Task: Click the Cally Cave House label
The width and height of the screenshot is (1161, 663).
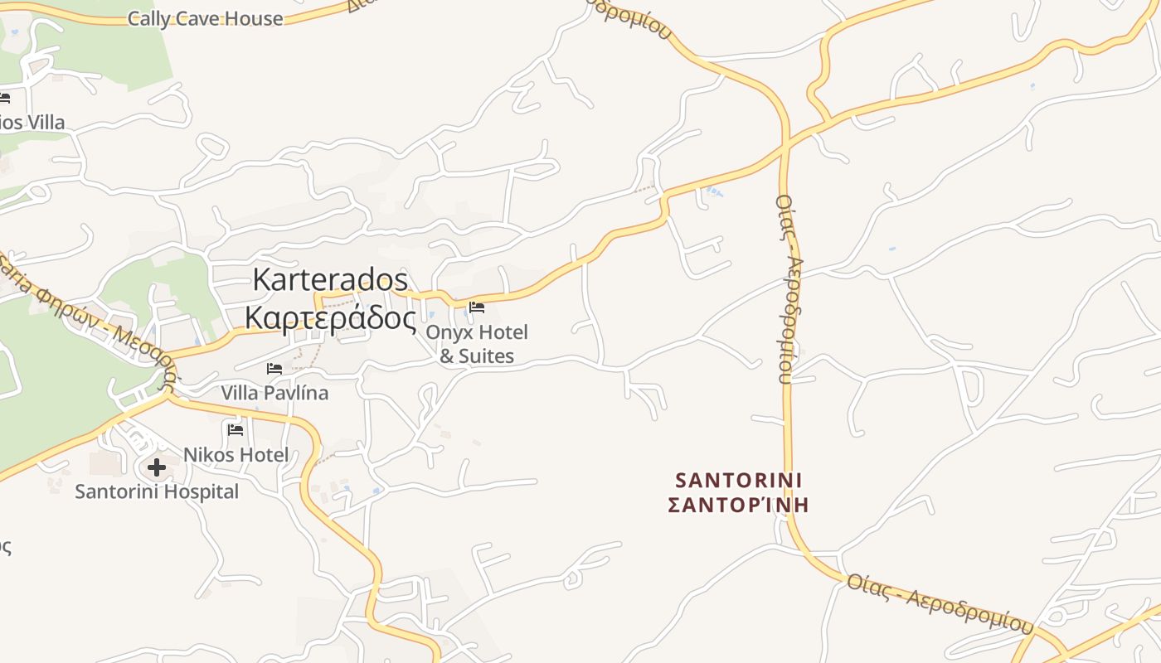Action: tap(205, 18)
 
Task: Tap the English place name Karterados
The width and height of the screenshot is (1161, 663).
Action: tap(330, 279)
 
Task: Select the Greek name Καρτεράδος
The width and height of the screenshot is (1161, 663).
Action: tap(330, 317)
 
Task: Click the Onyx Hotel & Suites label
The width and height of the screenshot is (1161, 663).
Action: tap(476, 344)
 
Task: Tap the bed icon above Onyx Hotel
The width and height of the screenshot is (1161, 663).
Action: tap(477, 307)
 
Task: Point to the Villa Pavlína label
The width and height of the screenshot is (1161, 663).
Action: tap(274, 392)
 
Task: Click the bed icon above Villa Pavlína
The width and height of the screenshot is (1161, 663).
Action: tap(274, 369)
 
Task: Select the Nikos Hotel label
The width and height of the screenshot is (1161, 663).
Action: tap(236, 454)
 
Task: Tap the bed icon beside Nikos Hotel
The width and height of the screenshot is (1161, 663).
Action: tap(236, 429)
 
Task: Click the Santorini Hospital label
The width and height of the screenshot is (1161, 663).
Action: tap(157, 491)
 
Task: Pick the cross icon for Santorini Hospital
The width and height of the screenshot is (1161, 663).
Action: tap(156, 468)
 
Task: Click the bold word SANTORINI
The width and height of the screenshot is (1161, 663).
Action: tap(739, 480)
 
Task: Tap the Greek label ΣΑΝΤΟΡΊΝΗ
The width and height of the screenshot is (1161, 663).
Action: tap(738, 504)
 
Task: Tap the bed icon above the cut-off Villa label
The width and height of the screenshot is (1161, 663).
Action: tap(4, 99)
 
